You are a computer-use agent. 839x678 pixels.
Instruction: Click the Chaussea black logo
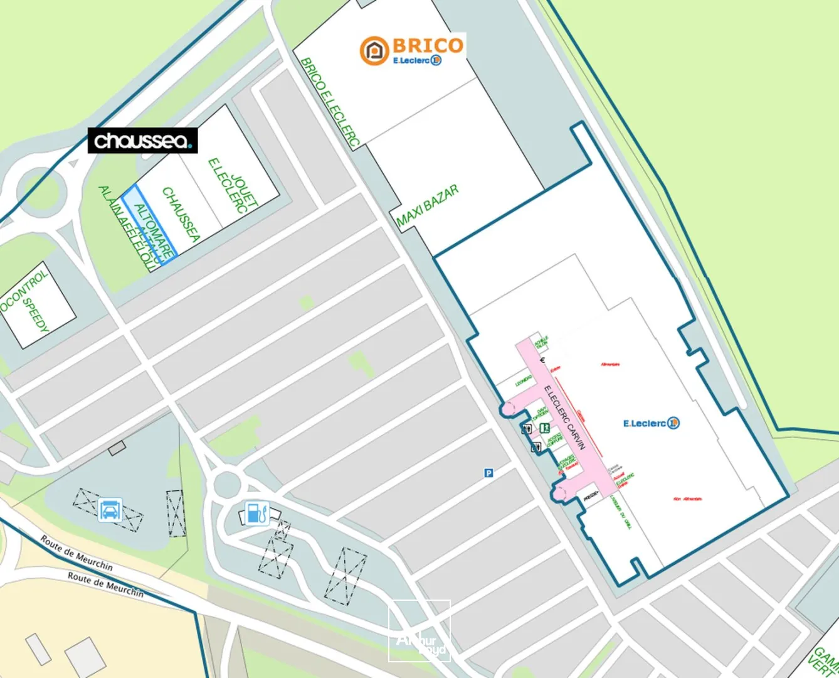(x=142, y=141)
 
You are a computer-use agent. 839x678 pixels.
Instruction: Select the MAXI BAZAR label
(x=428, y=205)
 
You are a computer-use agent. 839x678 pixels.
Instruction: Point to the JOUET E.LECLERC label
(x=233, y=186)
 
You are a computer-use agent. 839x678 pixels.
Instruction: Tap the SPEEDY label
(x=36, y=315)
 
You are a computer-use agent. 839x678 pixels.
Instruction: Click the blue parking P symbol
(x=488, y=473)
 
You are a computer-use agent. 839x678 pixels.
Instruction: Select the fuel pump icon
(x=255, y=513)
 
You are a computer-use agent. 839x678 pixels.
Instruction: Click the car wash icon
(x=110, y=509)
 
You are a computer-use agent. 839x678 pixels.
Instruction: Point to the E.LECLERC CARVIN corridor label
(x=564, y=417)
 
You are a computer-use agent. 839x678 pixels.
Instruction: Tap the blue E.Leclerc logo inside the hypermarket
(x=651, y=423)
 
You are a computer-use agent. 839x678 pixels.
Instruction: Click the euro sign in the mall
(x=542, y=360)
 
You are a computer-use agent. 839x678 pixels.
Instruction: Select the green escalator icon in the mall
(x=545, y=428)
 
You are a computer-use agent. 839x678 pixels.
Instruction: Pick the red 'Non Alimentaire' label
(x=687, y=499)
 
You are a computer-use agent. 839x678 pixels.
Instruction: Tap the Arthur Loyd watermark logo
(x=419, y=631)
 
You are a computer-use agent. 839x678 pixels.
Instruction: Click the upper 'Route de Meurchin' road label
(x=77, y=552)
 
